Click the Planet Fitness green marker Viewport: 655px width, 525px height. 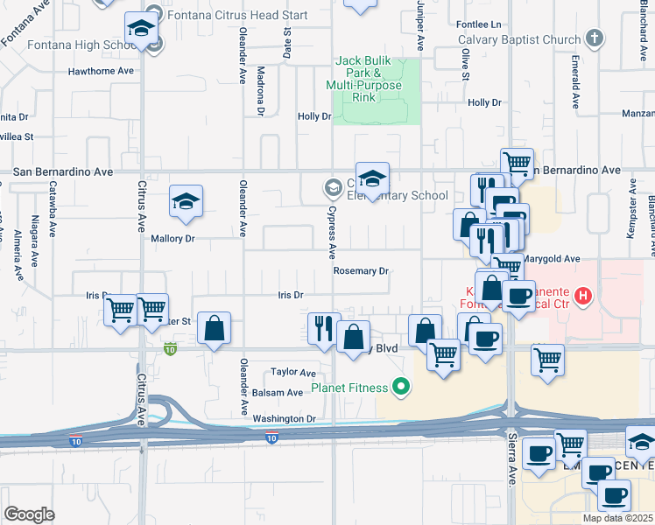(402, 384)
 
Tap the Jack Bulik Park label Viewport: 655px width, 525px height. (364, 79)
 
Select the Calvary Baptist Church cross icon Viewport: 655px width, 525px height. (595, 38)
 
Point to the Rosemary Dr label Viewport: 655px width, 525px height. (361, 271)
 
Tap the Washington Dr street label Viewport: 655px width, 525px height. (283, 419)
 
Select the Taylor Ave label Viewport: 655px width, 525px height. (292, 372)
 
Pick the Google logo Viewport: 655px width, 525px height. (29, 514)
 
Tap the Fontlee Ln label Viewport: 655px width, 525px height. (483, 24)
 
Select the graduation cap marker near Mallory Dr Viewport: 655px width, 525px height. (186, 202)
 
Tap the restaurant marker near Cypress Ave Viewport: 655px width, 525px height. (324, 329)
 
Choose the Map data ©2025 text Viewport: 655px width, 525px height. (618, 518)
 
